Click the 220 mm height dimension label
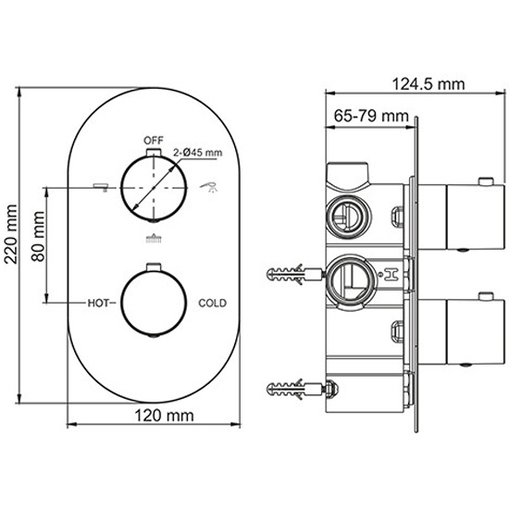[x=11, y=234]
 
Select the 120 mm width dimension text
[x=164, y=416]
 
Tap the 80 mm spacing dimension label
[x=38, y=236]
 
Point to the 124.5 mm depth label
[x=428, y=84]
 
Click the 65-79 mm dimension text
[x=371, y=116]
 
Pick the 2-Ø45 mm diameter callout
[x=198, y=153]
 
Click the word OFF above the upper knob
[x=154, y=141]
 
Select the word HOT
[x=98, y=304]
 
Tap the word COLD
[x=212, y=304]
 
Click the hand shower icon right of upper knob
[x=209, y=187]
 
